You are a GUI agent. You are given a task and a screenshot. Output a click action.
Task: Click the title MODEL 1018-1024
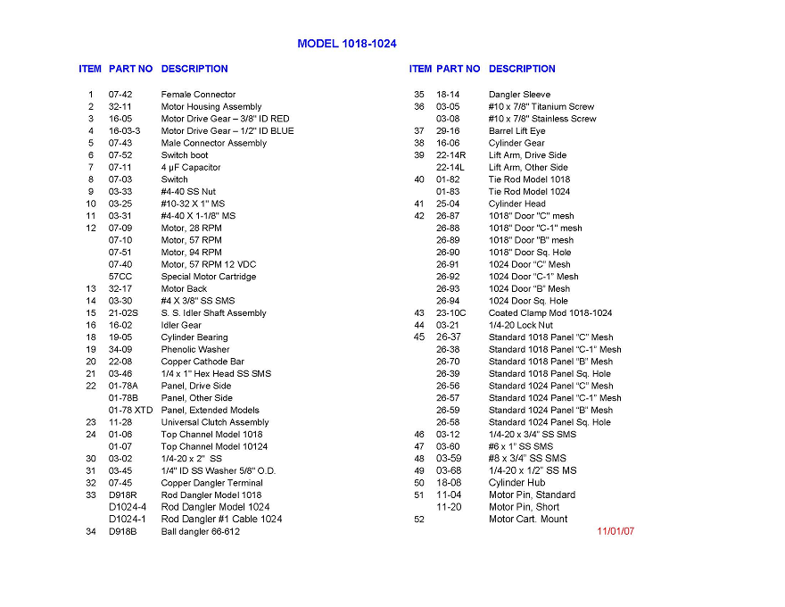pos(347,44)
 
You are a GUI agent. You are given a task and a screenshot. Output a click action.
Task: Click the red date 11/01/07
pos(616,531)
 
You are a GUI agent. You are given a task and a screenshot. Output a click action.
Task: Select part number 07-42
pos(120,95)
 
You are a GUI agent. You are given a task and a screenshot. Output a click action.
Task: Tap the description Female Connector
pos(198,95)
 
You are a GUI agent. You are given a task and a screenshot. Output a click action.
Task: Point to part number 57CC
pos(120,277)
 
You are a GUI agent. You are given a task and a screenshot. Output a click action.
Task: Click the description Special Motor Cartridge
pos(208,277)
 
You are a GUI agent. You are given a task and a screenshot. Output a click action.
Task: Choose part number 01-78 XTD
pos(131,411)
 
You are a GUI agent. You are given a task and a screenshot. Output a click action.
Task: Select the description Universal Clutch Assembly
pos(214,422)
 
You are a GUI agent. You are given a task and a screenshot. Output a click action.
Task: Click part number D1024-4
pos(128,507)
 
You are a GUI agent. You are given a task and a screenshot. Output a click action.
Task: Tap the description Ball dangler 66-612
pos(200,532)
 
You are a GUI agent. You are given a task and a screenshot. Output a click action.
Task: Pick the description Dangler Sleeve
pos(519,95)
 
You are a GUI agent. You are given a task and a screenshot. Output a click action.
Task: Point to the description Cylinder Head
pos(516,204)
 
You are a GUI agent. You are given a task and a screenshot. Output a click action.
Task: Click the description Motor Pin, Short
pos(524,507)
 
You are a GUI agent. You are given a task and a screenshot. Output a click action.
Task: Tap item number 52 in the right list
pos(418,520)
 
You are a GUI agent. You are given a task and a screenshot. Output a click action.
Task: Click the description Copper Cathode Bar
pos(202,362)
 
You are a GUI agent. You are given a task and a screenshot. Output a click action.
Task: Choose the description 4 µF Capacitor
pos(190,168)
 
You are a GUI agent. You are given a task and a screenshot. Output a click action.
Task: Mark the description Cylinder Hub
pos(516,483)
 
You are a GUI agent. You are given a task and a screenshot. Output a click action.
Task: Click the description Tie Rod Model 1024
pos(529,192)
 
